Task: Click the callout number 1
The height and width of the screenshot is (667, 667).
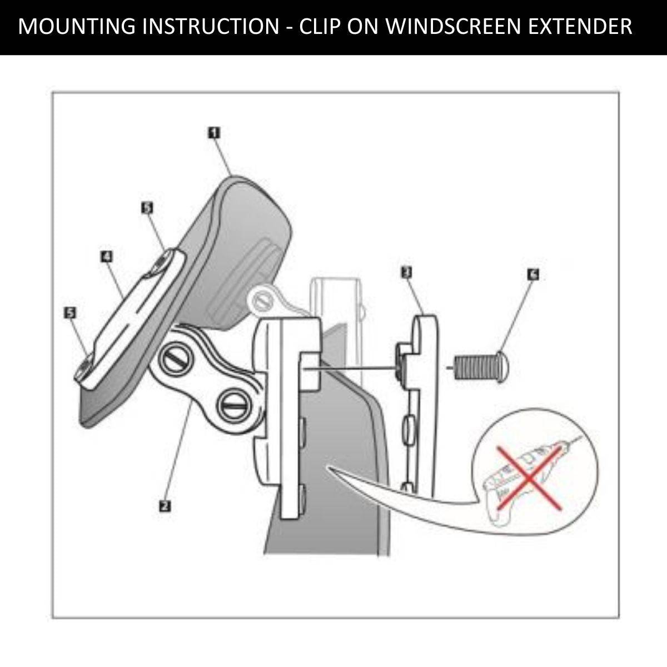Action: [214, 133]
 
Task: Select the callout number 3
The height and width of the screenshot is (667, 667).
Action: [406, 273]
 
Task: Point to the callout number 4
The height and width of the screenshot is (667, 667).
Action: [107, 257]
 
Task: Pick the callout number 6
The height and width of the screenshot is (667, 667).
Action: [533, 275]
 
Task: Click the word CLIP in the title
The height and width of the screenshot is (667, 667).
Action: [320, 26]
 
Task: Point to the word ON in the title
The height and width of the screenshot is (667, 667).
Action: [362, 26]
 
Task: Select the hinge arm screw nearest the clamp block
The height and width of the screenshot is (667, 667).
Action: [233, 402]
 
